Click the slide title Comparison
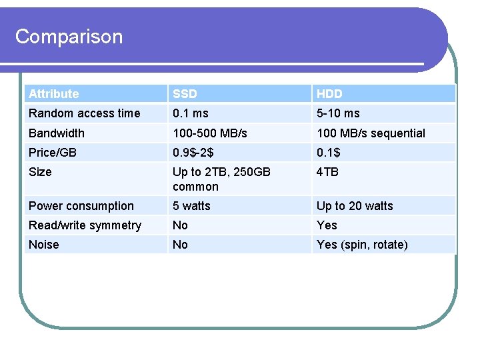pyautogui.click(x=69, y=37)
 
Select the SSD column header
pyautogui.click(x=185, y=94)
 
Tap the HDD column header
pyautogui.click(x=329, y=94)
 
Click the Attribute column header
pyautogui.click(x=53, y=94)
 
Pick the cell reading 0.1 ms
pyautogui.click(x=191, y=113)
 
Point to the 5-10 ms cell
pyautogui.click(x=338, y=113)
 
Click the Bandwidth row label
pyautogui.click(x=57, y=133)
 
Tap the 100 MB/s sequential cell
pyautogui.click(x=371, y=133)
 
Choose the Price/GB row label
pyautogui.click(x=53, y=153)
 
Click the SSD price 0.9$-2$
pyautogui.click(x=193, y=153)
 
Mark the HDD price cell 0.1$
pyautogui.click(x=328, y=153)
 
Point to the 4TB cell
pyautogui.click(x=327, y=172)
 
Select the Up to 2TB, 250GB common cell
pyautogui.click(x=221, y=179)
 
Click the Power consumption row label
pyautogui.click(x=81, y=206)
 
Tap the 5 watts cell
pyautogui.click(x=191, y=206)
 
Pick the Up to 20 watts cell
pyautogui.click(x=355, y=206)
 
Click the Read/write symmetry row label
pyautogui.click(x=85, y=225)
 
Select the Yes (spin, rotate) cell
pyautogui.click(x=362, y=245)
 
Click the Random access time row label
pyautogui.click(x=85, y=113)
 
